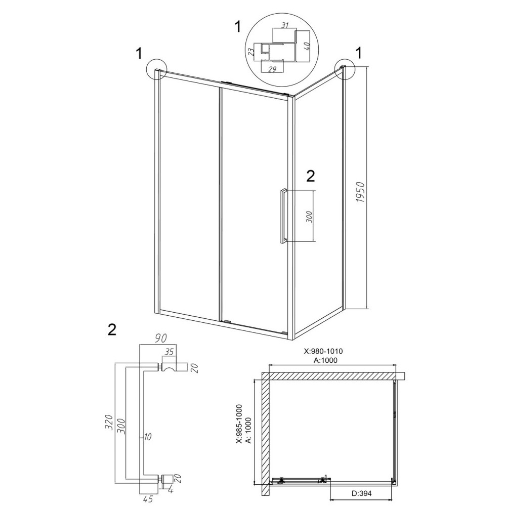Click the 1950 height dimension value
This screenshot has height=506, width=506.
click(360, 192)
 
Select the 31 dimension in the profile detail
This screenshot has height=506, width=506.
click(284, 25)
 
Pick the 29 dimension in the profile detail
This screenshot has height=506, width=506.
click(272, 69)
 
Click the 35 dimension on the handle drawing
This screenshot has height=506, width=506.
click(169, 352)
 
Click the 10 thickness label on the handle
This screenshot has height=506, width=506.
click(147, 437)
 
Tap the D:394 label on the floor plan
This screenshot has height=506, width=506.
click(361, 493)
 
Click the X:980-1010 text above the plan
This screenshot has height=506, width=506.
click(323, 351)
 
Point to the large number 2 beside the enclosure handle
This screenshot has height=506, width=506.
click(310, 176)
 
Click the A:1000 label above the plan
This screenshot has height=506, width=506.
click(325, 360)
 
